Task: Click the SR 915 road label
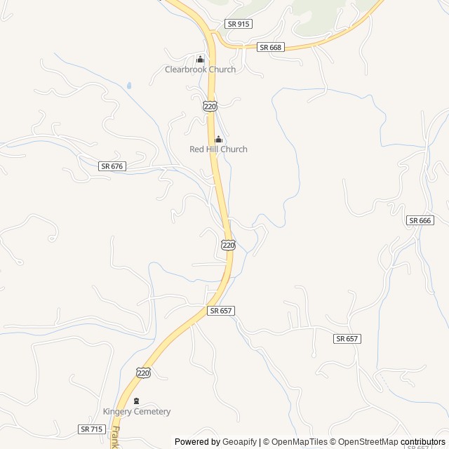click(x=239, y=24)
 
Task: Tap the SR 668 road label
click(x=269, y=47)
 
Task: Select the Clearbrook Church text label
click(x=200, y=69)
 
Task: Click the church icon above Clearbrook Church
click(x=200, y=59)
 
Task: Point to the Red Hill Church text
click(x=218, y=149)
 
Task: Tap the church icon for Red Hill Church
click(x=218, y=139)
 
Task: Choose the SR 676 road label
click(x=112, y=166)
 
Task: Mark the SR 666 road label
click(x=420, y=220)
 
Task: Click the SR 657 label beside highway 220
click(x=220, y=310)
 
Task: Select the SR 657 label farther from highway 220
click(x=347, y=338)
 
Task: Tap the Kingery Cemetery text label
click(x=137, y=412)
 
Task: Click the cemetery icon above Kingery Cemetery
click(x=136, y=401)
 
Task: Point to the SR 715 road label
click(x=91, y=429)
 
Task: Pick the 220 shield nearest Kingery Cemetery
click(x=144, y=373)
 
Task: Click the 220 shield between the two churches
click(x=210, y=105)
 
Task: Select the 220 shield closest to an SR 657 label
click(x=228, y=244)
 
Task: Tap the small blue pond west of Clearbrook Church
click(x=129, y=86)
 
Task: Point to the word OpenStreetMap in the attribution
click(x=368, y=442)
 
